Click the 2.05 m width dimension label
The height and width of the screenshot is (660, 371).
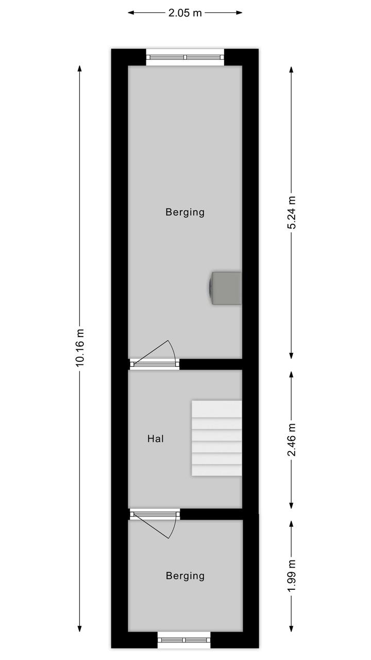click(185, 13)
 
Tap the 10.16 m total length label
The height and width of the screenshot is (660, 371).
click(80, 348)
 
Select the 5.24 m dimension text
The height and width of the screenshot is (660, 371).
click(291, 212)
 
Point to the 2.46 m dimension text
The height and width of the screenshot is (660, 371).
click(291, 440)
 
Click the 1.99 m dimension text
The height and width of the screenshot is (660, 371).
click(291, 575)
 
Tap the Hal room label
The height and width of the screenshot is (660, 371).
click(156, 439)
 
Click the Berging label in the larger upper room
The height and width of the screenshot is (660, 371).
click(185, 213)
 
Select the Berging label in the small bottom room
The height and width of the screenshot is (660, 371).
click(185, 576)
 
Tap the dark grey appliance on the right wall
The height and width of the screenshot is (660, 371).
click(225, 288)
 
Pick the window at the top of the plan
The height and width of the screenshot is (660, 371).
click(185, 57)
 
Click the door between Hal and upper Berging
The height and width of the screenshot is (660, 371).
click(155, 357)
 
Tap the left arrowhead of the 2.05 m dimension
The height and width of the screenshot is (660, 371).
click(131, 13)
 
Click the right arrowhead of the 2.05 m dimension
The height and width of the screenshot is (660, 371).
click(239, 13)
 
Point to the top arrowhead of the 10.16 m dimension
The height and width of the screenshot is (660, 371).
click(79, 69)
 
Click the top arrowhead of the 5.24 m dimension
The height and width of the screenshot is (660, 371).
click(291, 70)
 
